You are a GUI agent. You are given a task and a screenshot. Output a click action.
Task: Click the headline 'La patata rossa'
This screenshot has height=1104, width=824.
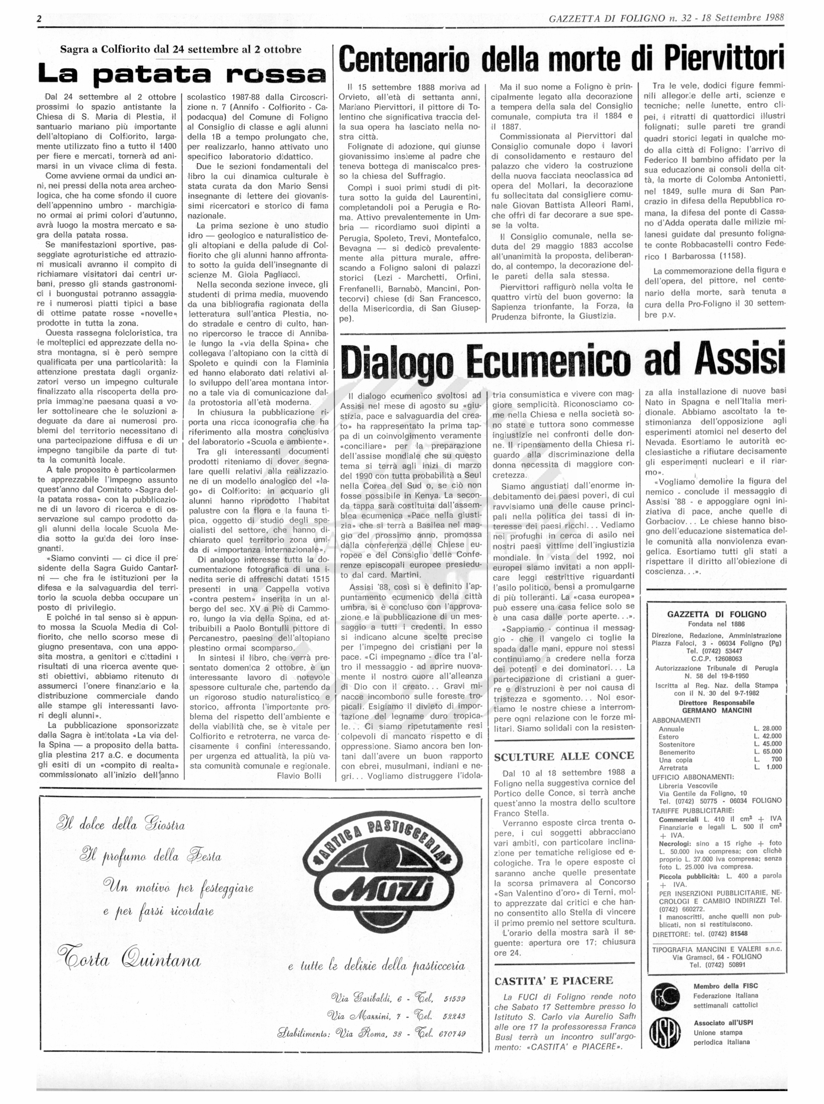182,74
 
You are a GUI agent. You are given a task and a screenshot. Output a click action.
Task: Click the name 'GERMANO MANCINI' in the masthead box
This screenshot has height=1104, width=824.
717,710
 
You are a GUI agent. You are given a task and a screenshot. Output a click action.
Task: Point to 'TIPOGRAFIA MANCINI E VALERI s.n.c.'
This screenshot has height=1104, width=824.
717,950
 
